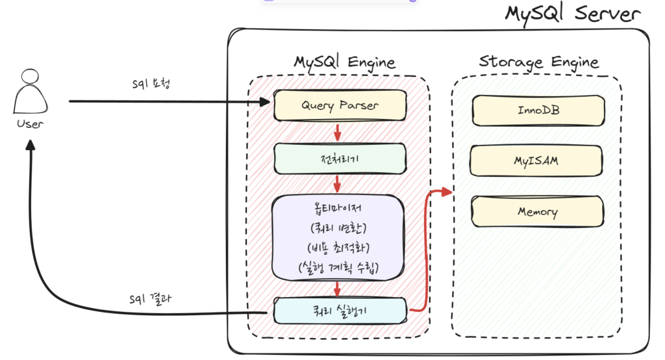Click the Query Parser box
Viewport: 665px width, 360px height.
tap(340, 105)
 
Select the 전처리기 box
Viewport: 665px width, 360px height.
tap(340, 159)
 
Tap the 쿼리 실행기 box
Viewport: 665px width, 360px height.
tap(340, 311)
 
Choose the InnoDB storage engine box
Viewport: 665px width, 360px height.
tap(538, 110)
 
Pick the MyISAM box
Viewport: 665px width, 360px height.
tap(536, 161)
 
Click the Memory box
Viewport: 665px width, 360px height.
tap(537, 211)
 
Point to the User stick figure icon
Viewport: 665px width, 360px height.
tap(30, 91)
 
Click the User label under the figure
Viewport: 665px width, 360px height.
tap(30, 123)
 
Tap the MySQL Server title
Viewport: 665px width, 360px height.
tap(573, 14)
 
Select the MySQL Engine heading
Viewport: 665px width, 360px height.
tap(344, 62)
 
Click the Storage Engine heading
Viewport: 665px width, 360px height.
tap(538, 62)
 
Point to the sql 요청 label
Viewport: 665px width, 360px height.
tap(151, 83)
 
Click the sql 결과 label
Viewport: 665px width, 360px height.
tap(151, 299)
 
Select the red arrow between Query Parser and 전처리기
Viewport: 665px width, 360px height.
tap(338, 132)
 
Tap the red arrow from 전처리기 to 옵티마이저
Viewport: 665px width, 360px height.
tap(337, 184)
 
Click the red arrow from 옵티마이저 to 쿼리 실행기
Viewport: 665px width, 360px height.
tap(337, 289)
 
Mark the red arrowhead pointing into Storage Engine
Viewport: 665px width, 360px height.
tap(447, 192)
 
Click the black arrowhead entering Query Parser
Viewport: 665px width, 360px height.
tap(265, 101)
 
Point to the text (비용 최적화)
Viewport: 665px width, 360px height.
tap(338, 247)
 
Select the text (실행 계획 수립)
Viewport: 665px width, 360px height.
tap(338, 268)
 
